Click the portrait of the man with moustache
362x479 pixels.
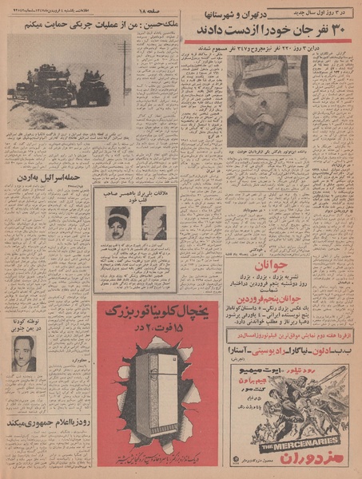(23, 353)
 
